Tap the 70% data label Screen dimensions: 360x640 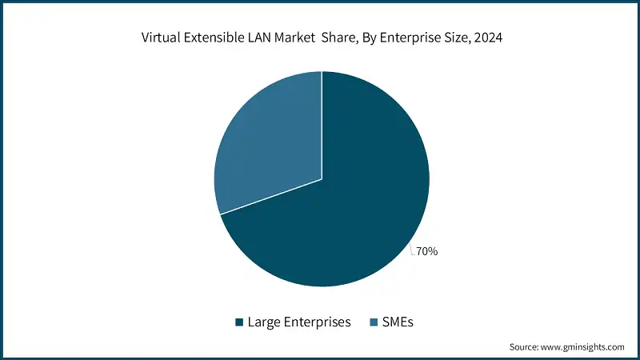427,251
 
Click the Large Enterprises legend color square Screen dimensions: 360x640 239,322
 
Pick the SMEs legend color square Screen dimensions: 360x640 374,322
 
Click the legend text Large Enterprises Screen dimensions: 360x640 298,322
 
